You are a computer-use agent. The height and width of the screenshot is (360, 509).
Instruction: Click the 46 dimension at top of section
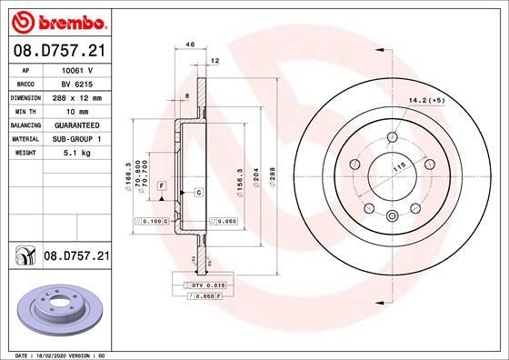tap(190, 44)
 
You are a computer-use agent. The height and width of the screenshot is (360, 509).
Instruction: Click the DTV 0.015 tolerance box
tap(195, 286)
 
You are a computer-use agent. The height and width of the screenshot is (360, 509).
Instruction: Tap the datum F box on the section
tap(161, 185)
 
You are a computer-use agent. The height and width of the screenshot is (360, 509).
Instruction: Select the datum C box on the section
tap(197, 193)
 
